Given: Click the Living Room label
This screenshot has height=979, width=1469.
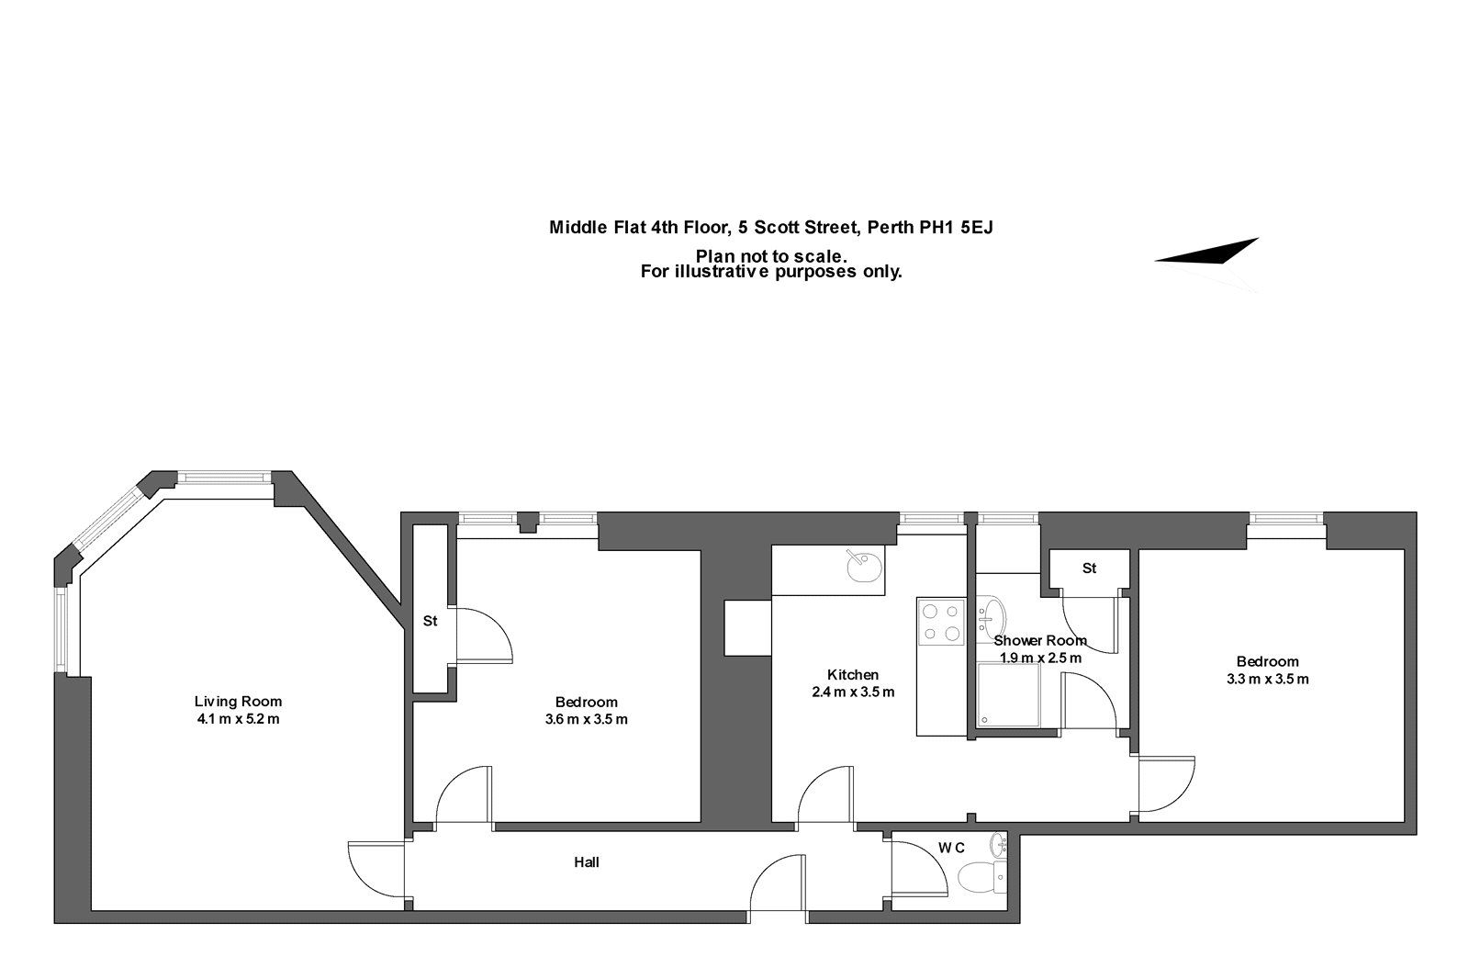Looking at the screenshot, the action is tap(238, 702).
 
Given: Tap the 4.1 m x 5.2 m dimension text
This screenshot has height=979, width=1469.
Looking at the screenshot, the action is tap(238, 719).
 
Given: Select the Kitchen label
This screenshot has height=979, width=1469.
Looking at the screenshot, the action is tap(853, 674).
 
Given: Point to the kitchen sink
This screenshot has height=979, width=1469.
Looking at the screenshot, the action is tap(864, 567).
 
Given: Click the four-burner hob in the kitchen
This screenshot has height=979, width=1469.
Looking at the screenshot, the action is tap(941, 622).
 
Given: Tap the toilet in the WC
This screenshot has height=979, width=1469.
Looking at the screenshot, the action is tap(981, 877).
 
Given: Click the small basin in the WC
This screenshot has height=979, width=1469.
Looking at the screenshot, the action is tap(998, 844).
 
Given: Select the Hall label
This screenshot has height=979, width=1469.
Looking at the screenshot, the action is tap(587, 862).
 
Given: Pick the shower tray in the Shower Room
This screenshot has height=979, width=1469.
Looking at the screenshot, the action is tap(1009, 695).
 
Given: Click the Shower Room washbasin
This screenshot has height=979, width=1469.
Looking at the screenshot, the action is tap(991, 617).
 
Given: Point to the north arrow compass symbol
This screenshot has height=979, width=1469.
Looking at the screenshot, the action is tap(1206, 252).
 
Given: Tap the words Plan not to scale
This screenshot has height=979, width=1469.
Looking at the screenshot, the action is tap(771, 256).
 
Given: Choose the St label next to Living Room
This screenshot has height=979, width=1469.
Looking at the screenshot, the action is tap(431, 621).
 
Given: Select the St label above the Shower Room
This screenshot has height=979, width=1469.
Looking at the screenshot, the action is tap(1089, 568).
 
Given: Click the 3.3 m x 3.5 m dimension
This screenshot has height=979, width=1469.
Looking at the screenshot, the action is tap(1268, 679).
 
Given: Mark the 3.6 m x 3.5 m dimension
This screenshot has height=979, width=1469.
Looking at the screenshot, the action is tap(587, 719).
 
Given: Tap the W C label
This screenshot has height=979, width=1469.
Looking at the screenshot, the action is tap(951, 849).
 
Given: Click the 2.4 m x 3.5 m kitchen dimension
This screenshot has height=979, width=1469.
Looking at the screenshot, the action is tap(853, 692).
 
